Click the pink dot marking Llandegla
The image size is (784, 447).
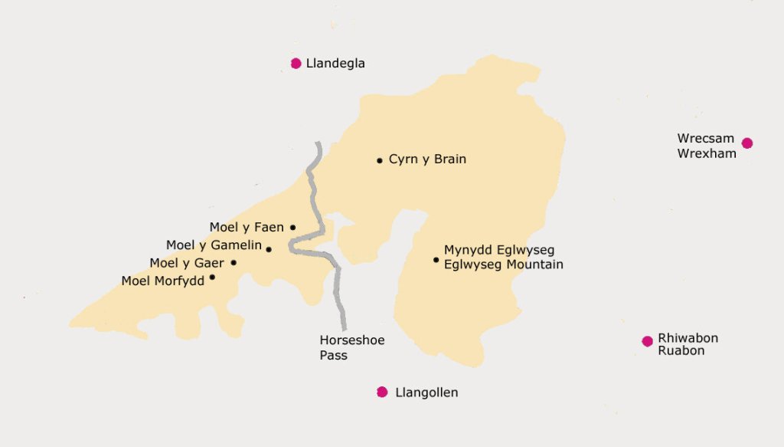[296, 64]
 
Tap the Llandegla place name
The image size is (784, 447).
[335, 64]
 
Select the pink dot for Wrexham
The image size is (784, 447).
[747, 143]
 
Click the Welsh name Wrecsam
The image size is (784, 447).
[705, 139]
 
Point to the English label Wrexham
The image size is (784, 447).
[706, 153]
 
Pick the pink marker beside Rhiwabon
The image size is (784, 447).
[647, 341]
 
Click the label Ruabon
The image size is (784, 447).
[681, 351]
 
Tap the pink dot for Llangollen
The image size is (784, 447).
[382, 393]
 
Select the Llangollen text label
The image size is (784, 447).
[426, 393]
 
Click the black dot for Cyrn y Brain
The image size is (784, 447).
[379, 160]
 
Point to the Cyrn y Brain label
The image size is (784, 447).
[427, 159]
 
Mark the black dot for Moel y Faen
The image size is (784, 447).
[292, 228]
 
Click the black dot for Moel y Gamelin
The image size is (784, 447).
[268, 249]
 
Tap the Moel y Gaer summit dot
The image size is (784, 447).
[234, 263]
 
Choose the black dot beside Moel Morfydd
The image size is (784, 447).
[212, 278]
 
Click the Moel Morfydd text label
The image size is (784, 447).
[162, 281]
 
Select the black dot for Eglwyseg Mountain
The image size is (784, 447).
[436, 260]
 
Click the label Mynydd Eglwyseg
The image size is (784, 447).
[499, 250]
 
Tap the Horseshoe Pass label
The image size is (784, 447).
[341, 347]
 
